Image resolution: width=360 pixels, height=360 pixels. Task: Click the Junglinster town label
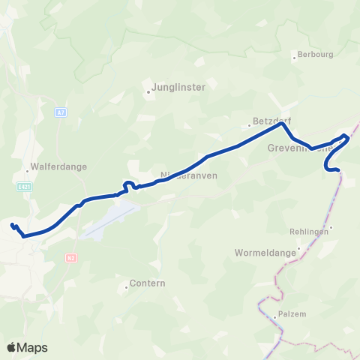pos(178,87)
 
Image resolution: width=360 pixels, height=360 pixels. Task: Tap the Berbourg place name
pos(314,55)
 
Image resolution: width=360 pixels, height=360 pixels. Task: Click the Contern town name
pos(147,283)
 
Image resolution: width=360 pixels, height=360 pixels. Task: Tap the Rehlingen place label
pos(310,232)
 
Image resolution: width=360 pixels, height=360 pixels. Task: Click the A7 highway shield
pos(59,112)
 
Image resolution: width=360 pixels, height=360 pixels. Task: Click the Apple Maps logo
pos(27,347)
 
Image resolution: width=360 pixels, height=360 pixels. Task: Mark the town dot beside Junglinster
pos(148,93)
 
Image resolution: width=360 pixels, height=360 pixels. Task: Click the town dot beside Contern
pos(127,286)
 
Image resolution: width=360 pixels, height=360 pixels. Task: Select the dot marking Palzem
pos(274,317)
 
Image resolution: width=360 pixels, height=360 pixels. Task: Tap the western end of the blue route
pos(11,224)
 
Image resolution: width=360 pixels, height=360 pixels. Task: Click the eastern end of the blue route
pos(339,170)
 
